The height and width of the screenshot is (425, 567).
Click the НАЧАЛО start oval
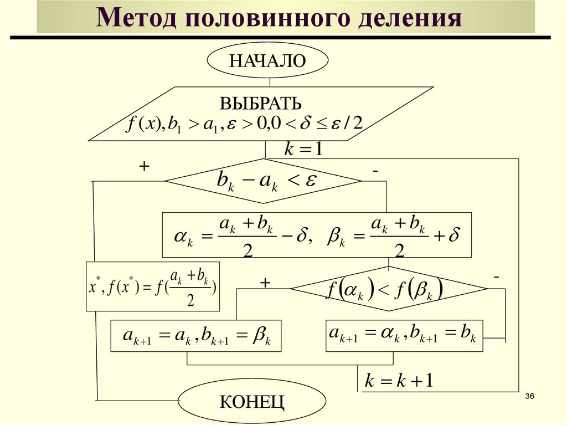[x=267, y=60]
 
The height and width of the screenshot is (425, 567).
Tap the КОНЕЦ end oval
[x=252, y=401]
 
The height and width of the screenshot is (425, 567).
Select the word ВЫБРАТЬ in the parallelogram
[x=261, y=103]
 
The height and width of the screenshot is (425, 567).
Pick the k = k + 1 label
[x=399, y=381]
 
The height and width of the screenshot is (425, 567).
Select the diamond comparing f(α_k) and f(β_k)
[x=388, y=289]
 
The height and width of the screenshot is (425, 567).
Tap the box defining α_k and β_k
[x=317, y=235]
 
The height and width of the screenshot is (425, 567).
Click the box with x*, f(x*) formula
[x=153, y=286]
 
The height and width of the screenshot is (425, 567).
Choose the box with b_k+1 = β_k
[x=196, y=336]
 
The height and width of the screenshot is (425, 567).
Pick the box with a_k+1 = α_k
[x=404, y=335]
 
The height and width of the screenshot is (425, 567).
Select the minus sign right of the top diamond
[x=375, y=172]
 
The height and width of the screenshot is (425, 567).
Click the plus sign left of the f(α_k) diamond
[x=265, y=283]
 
